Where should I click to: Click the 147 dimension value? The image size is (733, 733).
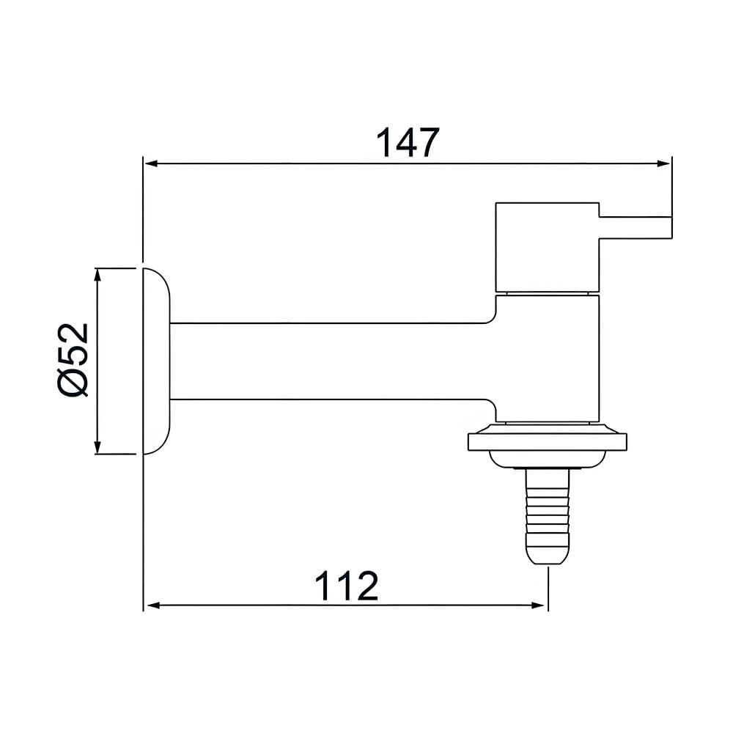pos(407,143)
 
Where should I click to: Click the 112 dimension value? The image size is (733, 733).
pos(347,586)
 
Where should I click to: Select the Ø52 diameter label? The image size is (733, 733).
pos(74,360)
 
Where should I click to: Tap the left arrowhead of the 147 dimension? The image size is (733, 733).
pos(150,164)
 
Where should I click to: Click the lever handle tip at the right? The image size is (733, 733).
pos(663,226)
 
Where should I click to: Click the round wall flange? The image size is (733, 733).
pos(156,361)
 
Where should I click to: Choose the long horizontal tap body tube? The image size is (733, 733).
pos(330,361)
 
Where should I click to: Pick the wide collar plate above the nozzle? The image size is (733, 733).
pos(548,441)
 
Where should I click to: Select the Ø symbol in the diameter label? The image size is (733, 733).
pos(74,382)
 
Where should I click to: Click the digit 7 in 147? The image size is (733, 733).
pos(424,143)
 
